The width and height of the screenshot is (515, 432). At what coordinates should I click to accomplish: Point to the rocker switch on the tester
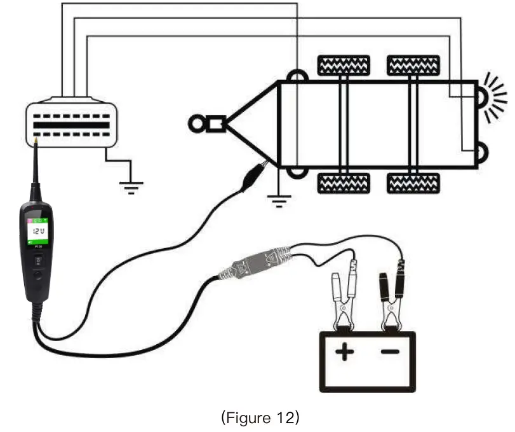[x=37, y=260]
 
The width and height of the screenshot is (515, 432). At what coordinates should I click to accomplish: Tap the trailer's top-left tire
[x=344, y=65]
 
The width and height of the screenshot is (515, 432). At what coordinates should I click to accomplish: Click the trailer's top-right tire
[x=413, y=65]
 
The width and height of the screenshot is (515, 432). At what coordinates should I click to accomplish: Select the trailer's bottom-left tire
[x=344, y=183]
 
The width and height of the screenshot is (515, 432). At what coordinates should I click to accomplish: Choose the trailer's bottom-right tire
[x=413, y=183]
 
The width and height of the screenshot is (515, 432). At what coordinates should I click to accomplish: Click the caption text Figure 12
[x=259, y=417]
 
